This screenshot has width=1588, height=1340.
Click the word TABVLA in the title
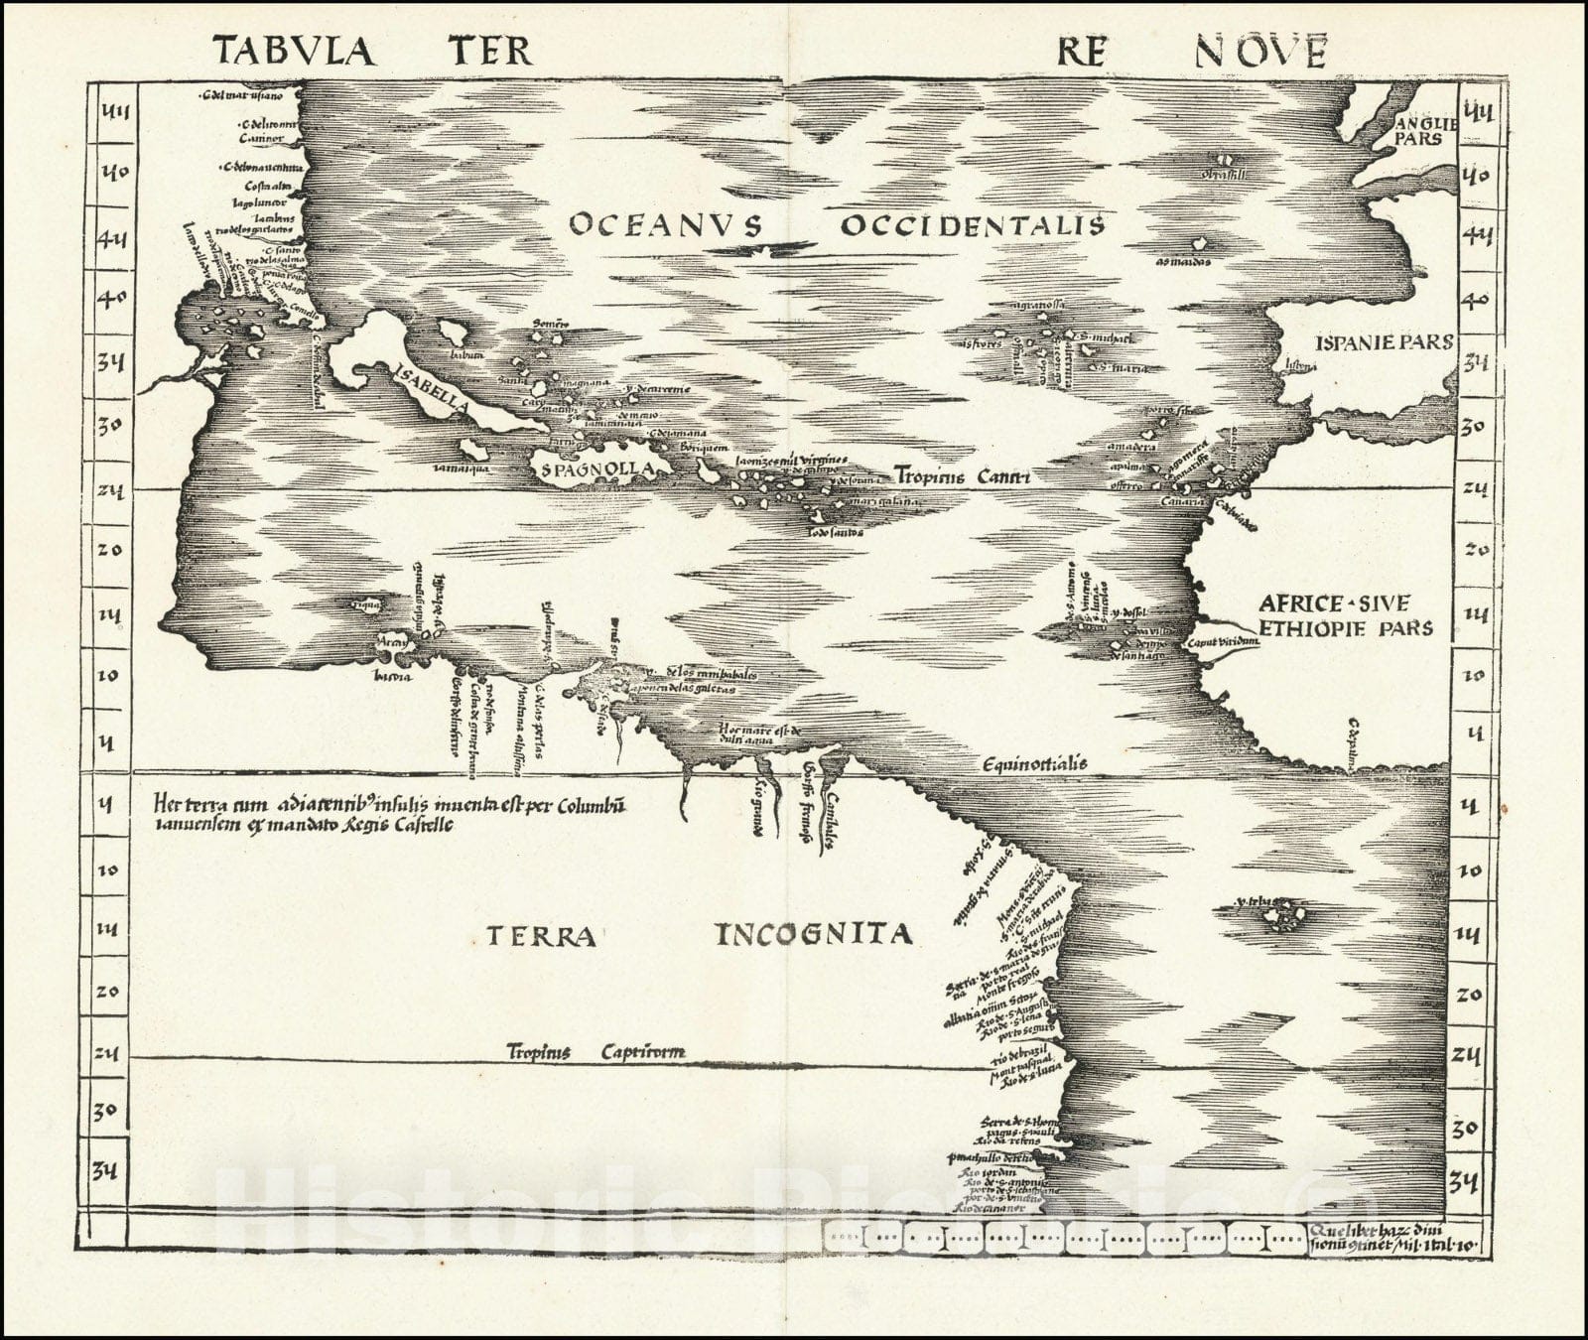pos(295,50)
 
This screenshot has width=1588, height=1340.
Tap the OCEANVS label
pos(665,224)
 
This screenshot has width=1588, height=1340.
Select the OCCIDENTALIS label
pos(973,224)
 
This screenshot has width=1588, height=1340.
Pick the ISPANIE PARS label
pos(1383,342)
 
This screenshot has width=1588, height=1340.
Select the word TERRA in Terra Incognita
pos(541,936)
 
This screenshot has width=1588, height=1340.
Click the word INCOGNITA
pos(813,933)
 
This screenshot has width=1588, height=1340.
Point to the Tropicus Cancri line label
pos(962,475)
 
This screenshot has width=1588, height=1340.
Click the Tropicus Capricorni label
pos(595,1052)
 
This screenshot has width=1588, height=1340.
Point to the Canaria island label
pos(1181,502)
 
